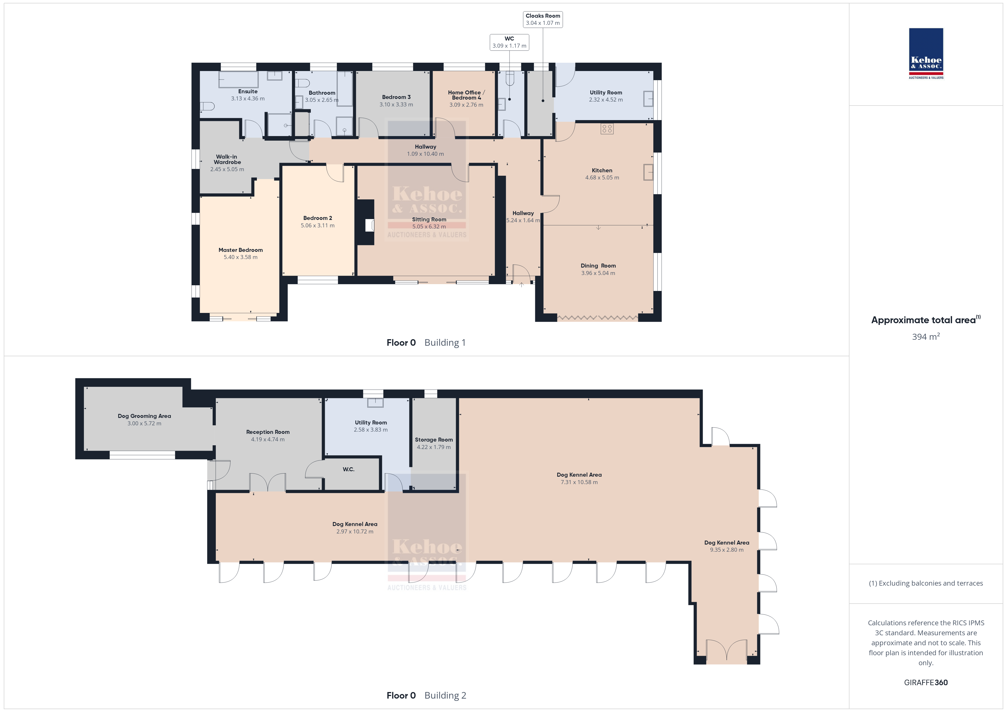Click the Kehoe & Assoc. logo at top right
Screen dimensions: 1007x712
[926, 54]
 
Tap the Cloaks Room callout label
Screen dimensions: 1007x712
[543, 16]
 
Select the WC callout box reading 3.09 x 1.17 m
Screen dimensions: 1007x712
[509, 42]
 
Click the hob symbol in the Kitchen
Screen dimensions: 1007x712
[607, 128]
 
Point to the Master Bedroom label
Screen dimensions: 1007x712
[241, 250]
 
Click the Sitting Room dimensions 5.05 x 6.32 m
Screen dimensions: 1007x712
[429, 227]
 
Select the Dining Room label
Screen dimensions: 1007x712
[598, 266]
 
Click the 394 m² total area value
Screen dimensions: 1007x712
[926, 337]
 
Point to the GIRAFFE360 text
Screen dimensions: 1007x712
[926, 683]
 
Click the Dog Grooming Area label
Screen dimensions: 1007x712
[144, 416]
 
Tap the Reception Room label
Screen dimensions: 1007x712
[268, 432]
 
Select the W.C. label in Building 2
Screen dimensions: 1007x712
[349, 469]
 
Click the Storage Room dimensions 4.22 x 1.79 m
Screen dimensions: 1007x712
[434, 447]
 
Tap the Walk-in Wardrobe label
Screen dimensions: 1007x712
[227, 159]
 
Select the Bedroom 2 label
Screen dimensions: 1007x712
[317, 218]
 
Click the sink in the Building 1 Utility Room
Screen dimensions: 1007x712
[648, 99]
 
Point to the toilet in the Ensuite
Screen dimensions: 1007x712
[207, 106]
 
